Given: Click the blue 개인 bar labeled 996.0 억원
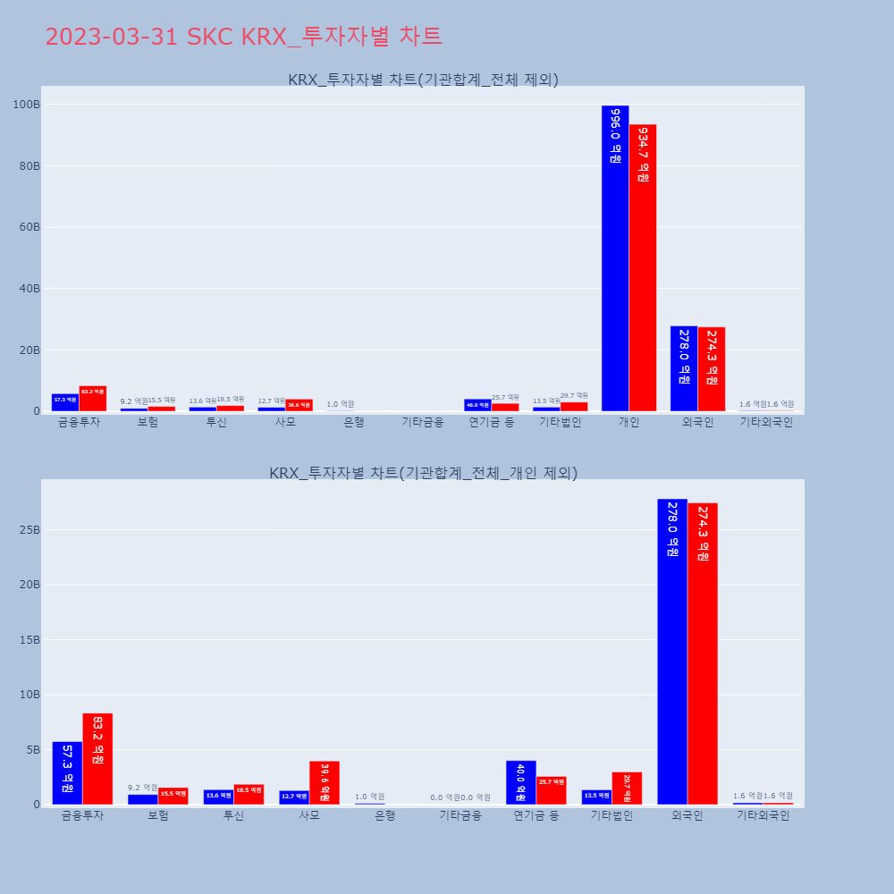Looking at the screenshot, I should [x=615, y=258].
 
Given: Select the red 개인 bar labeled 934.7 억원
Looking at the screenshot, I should [x=643, y=267].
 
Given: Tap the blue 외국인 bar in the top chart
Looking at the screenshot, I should [x=684, y=368].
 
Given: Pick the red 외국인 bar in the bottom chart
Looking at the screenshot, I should [x=703, y=654].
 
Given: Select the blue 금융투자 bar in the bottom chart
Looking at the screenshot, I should [x=67, y=772].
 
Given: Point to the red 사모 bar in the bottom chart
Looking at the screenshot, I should [x=325, y=782].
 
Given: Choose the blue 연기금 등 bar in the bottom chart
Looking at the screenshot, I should [x=521, y=782].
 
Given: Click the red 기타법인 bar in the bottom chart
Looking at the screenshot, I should [x=627, y=788].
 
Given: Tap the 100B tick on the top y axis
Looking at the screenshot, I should [x=26, y=105].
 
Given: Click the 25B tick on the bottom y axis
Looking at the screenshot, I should [x=29, y=529].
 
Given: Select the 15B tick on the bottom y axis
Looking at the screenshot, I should [x=29, y=639].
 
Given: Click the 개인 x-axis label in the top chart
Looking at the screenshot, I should [x=628, y=422].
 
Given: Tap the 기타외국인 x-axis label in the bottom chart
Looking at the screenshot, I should [x=763, y=815].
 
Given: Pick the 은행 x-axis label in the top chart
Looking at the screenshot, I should [x=354, y=422].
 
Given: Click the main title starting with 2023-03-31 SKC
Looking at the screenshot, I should [x=243, y=37].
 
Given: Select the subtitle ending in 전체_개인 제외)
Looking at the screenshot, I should [x=423, y=472].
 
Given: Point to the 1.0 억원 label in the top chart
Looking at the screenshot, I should [x=340, y=404].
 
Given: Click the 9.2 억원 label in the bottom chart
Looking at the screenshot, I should [x=143, y=788].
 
